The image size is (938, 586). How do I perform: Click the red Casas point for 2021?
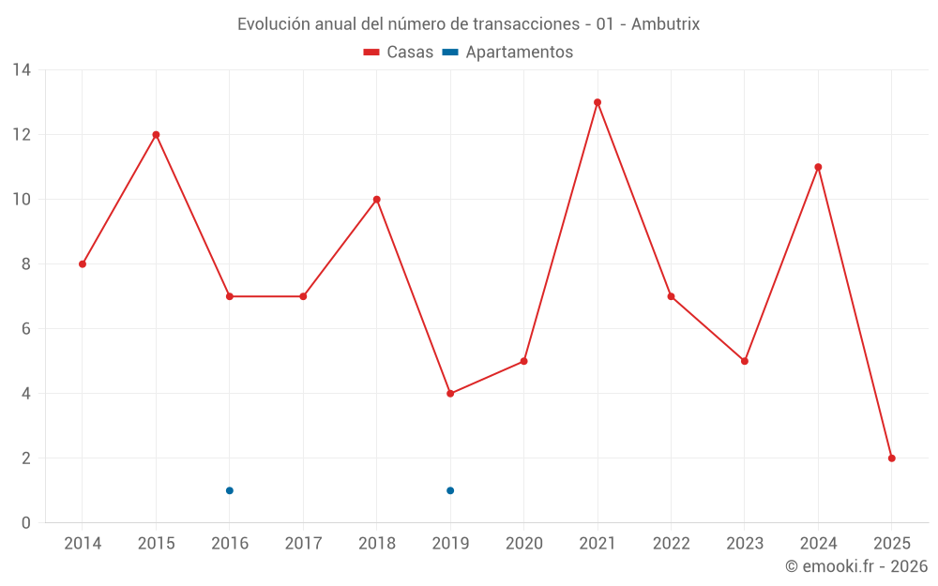(598, 102)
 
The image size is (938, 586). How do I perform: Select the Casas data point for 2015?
(156, 135)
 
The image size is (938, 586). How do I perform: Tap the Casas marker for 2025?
(892, 458)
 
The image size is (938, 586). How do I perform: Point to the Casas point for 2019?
(450, 394)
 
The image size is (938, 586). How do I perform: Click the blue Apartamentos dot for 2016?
(230, 490)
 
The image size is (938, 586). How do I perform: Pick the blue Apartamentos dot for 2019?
(450, 490)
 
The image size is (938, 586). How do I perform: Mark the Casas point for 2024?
(818, 167)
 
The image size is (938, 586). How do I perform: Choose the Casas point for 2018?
(377, 200)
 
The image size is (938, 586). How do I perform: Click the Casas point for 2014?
(83, 264)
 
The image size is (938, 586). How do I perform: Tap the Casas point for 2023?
(745, 361)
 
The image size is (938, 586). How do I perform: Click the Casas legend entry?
(399, 53)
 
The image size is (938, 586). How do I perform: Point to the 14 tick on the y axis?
(22, 70)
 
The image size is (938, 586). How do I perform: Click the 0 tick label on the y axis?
(26, 523)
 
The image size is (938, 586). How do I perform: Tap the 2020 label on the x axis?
(524, 544)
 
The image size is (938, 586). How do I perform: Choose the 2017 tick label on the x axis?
(303, 544)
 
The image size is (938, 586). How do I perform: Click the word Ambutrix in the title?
(665, 24)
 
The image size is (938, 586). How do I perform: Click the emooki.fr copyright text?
(856, 566)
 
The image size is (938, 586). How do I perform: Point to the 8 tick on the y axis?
(26, 264)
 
